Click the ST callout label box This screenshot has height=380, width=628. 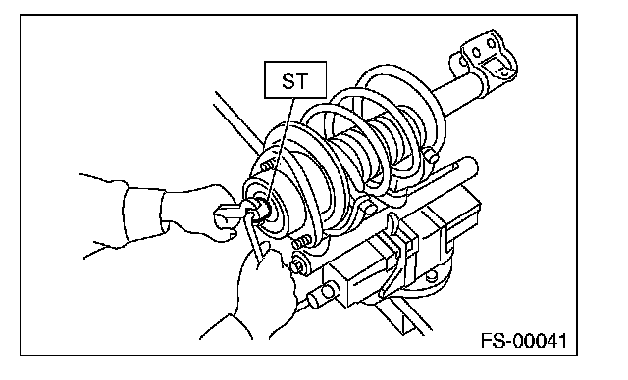295,79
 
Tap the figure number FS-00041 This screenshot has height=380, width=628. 524,341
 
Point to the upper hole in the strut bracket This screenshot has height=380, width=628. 491,43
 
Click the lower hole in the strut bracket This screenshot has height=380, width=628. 476,52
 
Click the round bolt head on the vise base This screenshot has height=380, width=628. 431,276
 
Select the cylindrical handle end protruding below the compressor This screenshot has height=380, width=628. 321,296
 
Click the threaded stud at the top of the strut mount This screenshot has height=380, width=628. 268,165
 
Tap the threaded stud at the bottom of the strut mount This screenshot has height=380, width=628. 302,241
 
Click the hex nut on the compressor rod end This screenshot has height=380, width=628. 296,265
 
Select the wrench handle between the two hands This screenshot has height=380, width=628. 256,236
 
